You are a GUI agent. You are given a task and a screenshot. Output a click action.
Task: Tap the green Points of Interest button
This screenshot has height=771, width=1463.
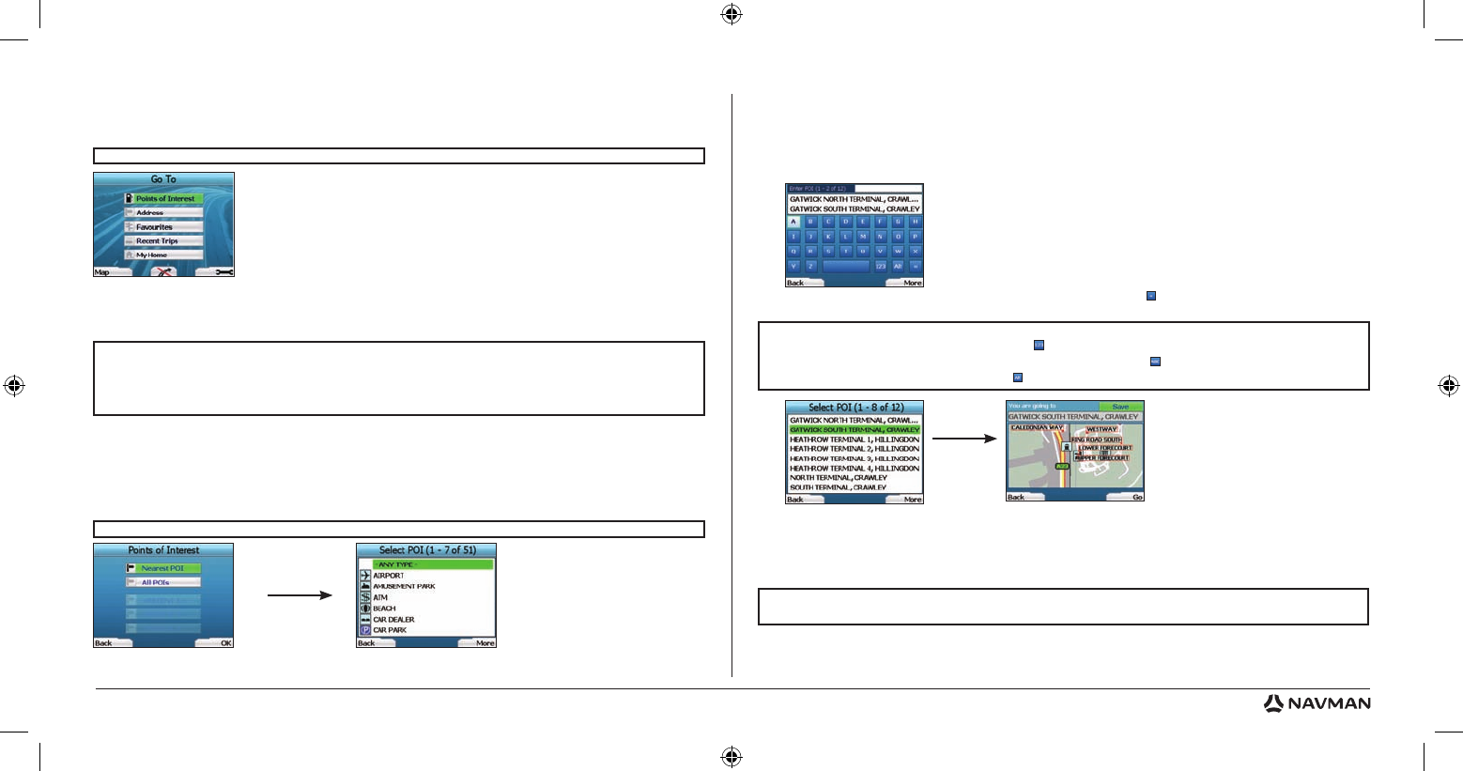tap(164, 199)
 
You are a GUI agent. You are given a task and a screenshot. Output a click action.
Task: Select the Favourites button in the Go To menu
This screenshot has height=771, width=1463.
tap(164, 227)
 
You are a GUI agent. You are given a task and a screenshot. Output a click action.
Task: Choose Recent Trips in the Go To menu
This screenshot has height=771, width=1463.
tap(164, 241)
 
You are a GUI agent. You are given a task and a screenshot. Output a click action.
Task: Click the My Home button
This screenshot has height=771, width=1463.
tap(164, 255)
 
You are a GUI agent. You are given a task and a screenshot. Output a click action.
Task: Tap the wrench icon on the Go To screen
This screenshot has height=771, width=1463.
tap(223, 272)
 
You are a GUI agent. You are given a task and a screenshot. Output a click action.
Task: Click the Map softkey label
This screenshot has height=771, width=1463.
tap(102, 272)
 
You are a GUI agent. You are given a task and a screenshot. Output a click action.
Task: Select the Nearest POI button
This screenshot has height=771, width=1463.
tap(163, 568)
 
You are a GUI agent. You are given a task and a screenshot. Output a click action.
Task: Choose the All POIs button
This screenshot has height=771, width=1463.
tap(163, 582)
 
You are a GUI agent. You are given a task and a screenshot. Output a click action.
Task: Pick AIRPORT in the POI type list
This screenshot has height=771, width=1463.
tap(389, 576)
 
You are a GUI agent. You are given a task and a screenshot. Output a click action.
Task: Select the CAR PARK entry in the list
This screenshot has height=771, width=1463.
tap(390, 630)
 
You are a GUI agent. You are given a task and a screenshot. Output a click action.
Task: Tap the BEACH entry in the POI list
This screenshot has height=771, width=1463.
tap(384, 609)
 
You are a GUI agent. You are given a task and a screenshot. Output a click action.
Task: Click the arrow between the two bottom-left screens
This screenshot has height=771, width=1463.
tap(300, 595)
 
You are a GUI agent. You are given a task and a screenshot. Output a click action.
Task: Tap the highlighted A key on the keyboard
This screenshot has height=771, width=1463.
tap(793, 223)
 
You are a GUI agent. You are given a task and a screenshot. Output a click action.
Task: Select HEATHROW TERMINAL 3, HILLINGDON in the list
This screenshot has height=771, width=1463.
tap(854, 458)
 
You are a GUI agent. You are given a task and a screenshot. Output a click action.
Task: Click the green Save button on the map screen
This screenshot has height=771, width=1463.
tap(1120, 407)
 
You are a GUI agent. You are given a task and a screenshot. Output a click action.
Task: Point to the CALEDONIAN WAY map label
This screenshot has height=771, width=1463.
tap(1037, 428)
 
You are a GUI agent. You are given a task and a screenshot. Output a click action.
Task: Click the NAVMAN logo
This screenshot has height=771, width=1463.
tap(1317, 703)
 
